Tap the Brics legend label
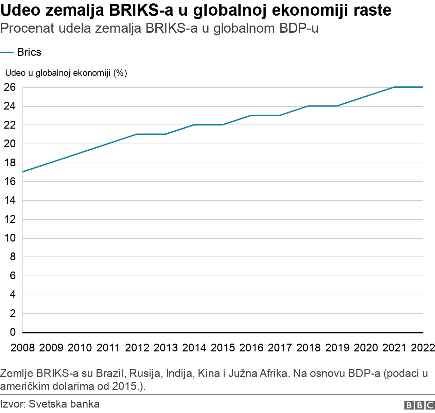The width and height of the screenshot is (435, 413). pos(29,52)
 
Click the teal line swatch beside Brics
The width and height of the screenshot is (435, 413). pos(7,52)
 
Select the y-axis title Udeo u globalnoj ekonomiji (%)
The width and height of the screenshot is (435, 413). pos(66,73)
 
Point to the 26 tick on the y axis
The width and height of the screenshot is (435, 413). pos(10,87)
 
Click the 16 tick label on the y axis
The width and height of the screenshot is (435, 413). pos(10,182)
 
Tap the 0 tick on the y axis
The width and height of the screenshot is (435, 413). pos(13,332)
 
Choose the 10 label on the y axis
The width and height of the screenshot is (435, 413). pos(10,238)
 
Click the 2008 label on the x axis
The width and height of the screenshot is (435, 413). pos(23,348)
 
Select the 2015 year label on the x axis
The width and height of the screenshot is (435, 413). pos(223,348)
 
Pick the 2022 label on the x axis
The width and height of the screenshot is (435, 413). pos(422,348)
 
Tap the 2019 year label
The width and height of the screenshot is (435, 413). pos(337,348)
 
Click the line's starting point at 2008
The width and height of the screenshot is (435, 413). pos(23,172)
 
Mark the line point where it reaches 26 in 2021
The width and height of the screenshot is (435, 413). pos(394,87)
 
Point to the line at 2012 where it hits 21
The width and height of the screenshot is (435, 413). pos(137,134)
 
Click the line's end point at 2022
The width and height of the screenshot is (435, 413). pos(422,87)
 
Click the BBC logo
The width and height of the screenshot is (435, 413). pos(419,405)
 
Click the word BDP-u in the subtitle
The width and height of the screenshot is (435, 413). pos(299,29)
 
